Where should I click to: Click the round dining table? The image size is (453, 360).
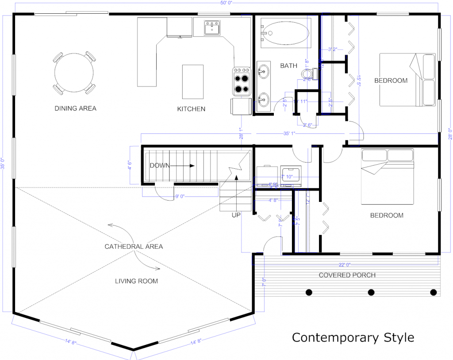point(74,73)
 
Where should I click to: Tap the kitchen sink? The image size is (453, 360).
point(212,28)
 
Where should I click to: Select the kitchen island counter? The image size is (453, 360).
point(193,81)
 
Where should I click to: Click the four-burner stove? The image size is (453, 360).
point(242,81)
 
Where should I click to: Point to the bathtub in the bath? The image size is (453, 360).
point(285,33)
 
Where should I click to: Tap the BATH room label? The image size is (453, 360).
point(288,66)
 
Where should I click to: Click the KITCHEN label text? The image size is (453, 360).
point(191,108)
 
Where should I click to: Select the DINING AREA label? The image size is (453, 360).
point(75,108)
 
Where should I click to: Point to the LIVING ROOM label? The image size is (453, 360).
point(136,281)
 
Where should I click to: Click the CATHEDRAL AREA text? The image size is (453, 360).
point(134,246)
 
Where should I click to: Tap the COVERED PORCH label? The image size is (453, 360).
point(347,275)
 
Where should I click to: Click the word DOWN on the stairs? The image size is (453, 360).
point(159,166)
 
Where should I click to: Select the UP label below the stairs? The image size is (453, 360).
point(236,215)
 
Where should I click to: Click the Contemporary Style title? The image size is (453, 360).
point(353,337)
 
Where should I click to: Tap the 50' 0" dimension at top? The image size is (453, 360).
point(226,3)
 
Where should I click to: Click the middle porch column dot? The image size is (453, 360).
point(371,292)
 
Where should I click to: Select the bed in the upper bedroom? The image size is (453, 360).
point(407,80)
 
